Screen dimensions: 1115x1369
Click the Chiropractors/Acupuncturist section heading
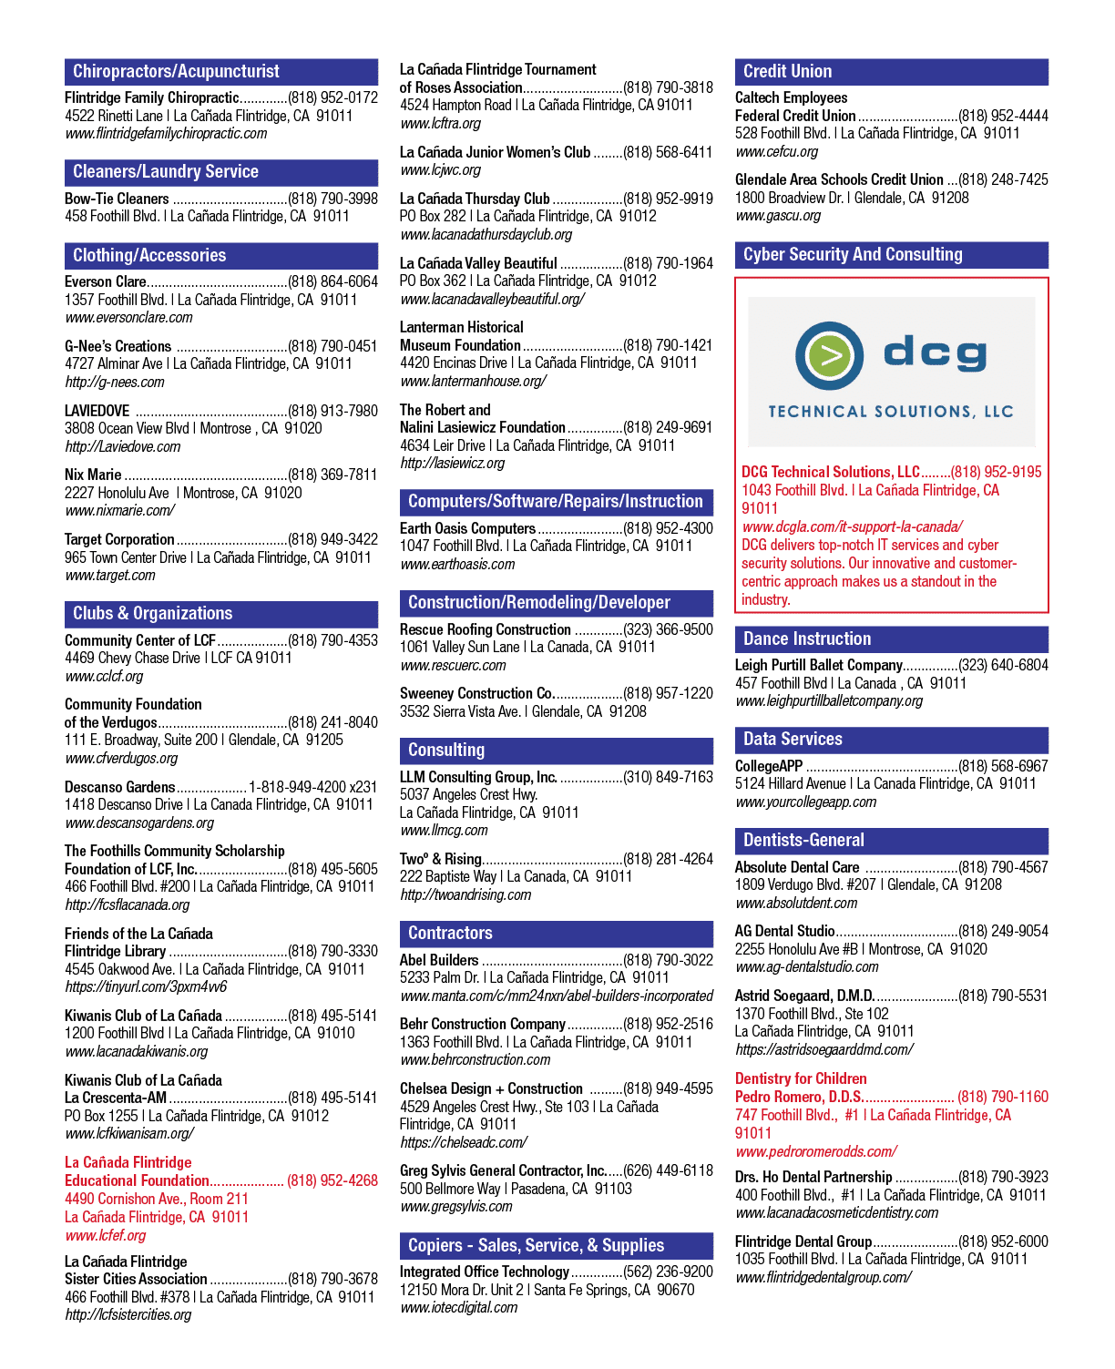point(176,71)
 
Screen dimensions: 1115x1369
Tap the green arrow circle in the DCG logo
point(828,355)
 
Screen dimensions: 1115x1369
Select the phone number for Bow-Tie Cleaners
point(332,199)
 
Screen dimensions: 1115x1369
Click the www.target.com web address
point(110,576)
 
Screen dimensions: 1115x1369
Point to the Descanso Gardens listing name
point(119,787)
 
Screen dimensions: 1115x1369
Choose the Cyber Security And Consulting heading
point(852,254)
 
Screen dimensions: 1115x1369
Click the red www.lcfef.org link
point(106,1235)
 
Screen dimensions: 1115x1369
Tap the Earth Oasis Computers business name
point(467,528)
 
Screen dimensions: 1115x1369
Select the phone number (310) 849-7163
point(668,777)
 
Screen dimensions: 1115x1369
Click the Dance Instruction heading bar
point(891,639)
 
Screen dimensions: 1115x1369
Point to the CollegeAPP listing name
point(769,766)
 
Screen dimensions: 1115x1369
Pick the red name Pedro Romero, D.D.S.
point(799,1097)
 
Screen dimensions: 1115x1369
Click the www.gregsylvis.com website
point(455,1206)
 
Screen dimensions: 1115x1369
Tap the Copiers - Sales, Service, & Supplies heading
point(536,1246)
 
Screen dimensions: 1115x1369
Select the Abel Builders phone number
point(668,960)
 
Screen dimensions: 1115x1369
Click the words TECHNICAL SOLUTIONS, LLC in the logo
point(891,412)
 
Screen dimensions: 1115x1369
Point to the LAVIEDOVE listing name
point(97,411)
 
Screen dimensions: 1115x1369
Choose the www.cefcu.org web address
point(776,152)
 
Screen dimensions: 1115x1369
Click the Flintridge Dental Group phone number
point(1003,1241)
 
